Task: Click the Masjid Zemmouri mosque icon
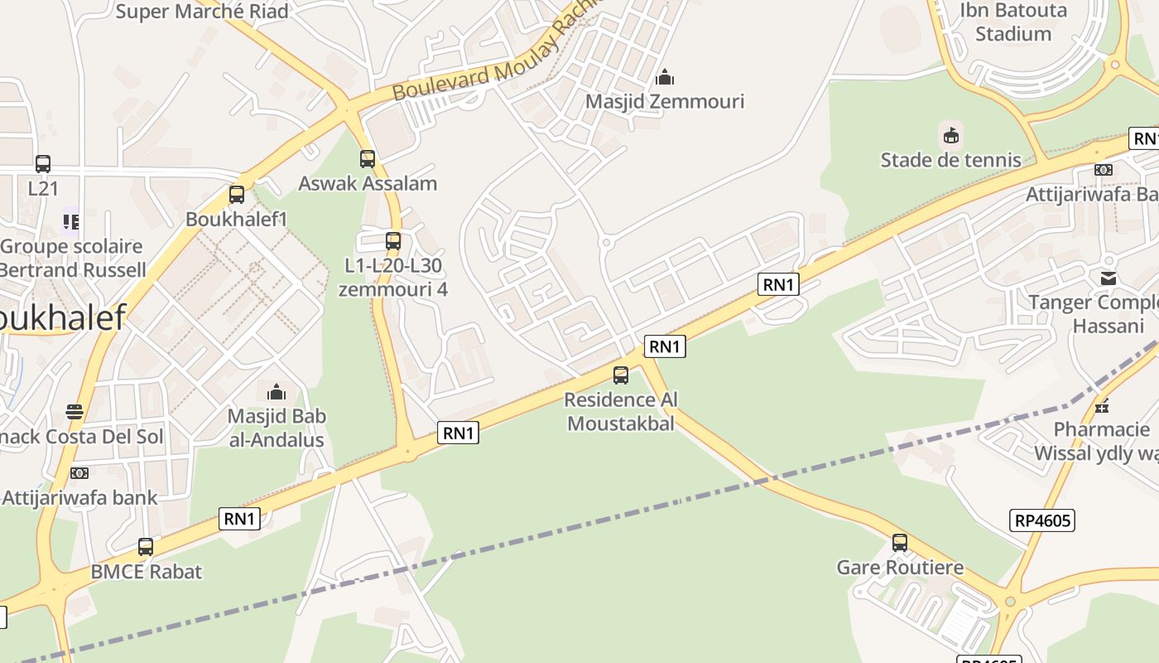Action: point(664,78)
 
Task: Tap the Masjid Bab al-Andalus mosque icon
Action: point(277,392)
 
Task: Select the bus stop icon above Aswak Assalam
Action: point(368,159)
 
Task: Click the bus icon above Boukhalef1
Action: point(237,195)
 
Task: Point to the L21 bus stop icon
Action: point(43,164)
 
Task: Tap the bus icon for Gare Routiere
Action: point(900,544)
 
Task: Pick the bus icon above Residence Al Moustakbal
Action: point(621,375)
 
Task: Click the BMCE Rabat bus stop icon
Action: point(146,547)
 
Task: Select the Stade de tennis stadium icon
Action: point(950,135)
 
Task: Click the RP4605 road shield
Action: point(1042,520)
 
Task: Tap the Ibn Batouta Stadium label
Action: point(1012,22)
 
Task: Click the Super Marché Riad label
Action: point(202,12)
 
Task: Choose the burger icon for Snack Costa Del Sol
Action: point(75,412)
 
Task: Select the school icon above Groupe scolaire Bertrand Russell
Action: point(71,222)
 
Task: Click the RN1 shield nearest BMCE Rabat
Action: point(239,519)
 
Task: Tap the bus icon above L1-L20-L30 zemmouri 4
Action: point(393,241)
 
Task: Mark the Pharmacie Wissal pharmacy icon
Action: point(1101,406)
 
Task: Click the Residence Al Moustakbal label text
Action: point(620,411)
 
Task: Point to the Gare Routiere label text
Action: point(900,568)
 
